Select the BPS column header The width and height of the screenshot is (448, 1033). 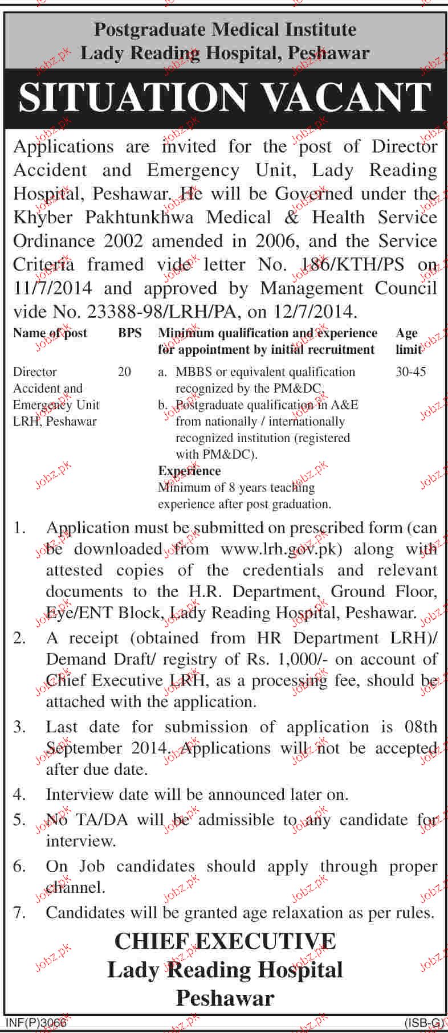click(130, 333)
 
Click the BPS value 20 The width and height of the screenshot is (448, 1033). click(124, 372)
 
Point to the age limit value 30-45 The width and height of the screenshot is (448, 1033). click(410, 372)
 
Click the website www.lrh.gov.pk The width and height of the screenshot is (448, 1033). click(280, 549)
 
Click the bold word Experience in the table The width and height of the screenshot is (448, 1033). click(189, 471)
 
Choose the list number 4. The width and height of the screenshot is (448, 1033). click(19, 794)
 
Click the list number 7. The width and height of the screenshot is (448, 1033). click(19, 913)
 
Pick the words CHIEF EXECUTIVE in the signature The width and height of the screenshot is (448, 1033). click(225, 941)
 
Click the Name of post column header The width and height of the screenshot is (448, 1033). click(50, 333)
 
